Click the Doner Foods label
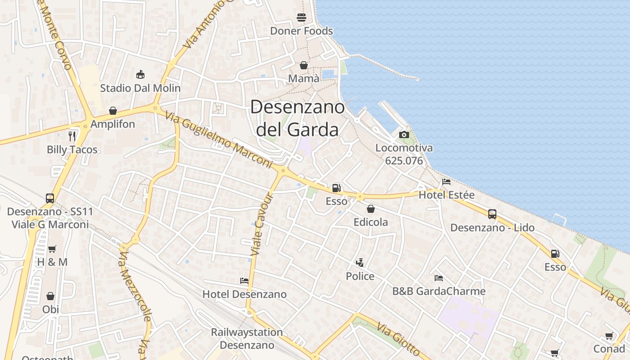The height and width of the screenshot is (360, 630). point(301,31)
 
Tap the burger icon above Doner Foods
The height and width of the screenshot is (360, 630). point(301,18)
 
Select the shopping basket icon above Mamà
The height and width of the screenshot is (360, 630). point(304,66)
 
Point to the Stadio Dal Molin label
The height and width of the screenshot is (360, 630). point(140,88)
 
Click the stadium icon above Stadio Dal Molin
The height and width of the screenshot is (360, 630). point(140,74)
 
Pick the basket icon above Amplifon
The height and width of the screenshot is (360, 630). point(113,111)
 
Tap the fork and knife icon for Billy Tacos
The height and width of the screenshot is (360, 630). point(72,136)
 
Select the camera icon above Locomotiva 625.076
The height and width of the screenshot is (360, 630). point(404,135)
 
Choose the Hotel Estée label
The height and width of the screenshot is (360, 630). point(446,195)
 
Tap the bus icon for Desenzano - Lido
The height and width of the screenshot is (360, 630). point(492,214)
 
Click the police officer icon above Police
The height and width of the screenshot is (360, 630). point(360,263)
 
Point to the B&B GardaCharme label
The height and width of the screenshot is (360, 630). point(439,291)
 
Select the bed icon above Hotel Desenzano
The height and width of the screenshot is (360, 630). point(244,281)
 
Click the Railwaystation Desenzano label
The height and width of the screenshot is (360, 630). point(247,338)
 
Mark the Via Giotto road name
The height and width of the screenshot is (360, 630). point(398,339)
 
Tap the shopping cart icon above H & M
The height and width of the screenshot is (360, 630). point(52,249)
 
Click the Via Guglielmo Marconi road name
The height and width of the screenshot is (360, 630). point(219,140)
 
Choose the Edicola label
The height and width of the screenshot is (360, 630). point(370,222)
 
